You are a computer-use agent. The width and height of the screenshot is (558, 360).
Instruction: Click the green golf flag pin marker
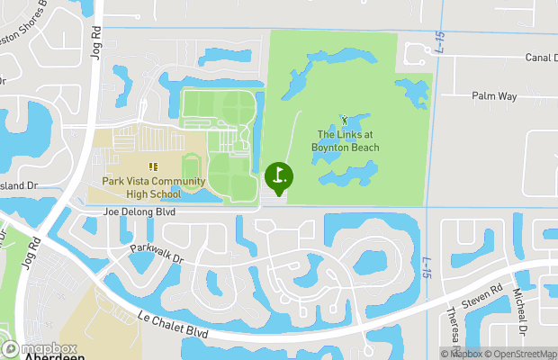tap(279, 176)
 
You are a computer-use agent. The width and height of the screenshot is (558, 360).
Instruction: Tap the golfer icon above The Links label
tap(344, 119)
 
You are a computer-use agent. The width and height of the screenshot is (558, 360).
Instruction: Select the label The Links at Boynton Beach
tap(346, 141)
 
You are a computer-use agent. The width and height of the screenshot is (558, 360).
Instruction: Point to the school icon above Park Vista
tap(153, 166)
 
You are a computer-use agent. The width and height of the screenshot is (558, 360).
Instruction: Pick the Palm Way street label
tap(491, 94)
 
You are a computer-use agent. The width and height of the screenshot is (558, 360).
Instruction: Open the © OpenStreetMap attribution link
tap(518, 354)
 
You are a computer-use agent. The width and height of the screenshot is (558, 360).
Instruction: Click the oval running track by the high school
tap(191, 168)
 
